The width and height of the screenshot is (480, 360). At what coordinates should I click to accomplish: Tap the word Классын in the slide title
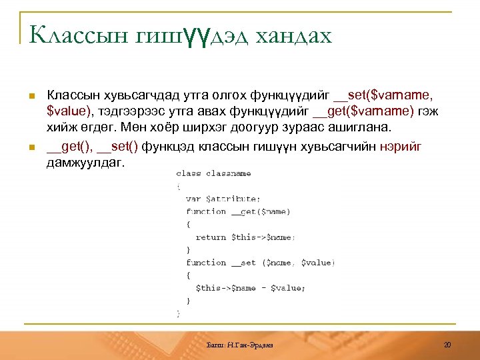point(75,35)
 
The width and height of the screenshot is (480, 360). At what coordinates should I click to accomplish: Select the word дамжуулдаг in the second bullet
point(85,163)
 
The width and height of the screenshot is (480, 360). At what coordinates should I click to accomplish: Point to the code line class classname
point(213,173)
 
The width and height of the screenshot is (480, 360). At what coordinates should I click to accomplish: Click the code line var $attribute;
point(223,199)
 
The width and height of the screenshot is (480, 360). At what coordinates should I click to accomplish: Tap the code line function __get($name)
point(238,211)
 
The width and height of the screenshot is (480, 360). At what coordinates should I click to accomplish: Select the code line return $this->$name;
point(245,237)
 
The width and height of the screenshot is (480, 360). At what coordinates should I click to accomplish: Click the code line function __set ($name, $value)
point(261,263)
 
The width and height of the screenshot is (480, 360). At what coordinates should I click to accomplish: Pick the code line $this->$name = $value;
point(250,288)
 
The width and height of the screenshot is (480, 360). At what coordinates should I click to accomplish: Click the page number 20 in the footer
point(447,345)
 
